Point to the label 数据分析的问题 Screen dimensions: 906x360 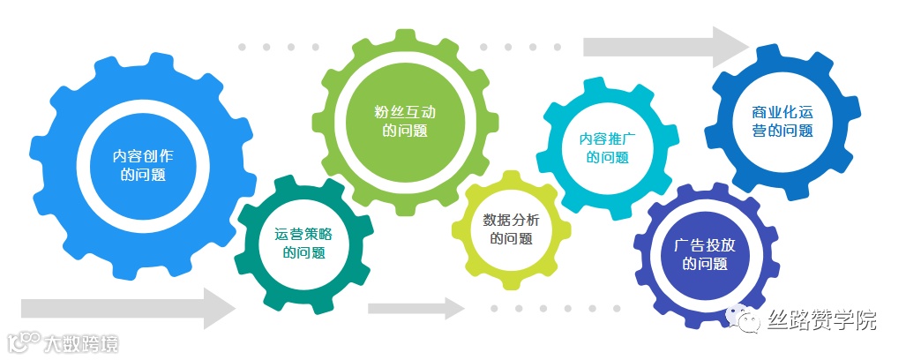click(511, 229)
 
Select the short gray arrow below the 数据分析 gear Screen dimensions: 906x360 click(415, 308)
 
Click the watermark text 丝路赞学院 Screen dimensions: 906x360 click(822, 320)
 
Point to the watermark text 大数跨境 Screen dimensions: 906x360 click(80, 342)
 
